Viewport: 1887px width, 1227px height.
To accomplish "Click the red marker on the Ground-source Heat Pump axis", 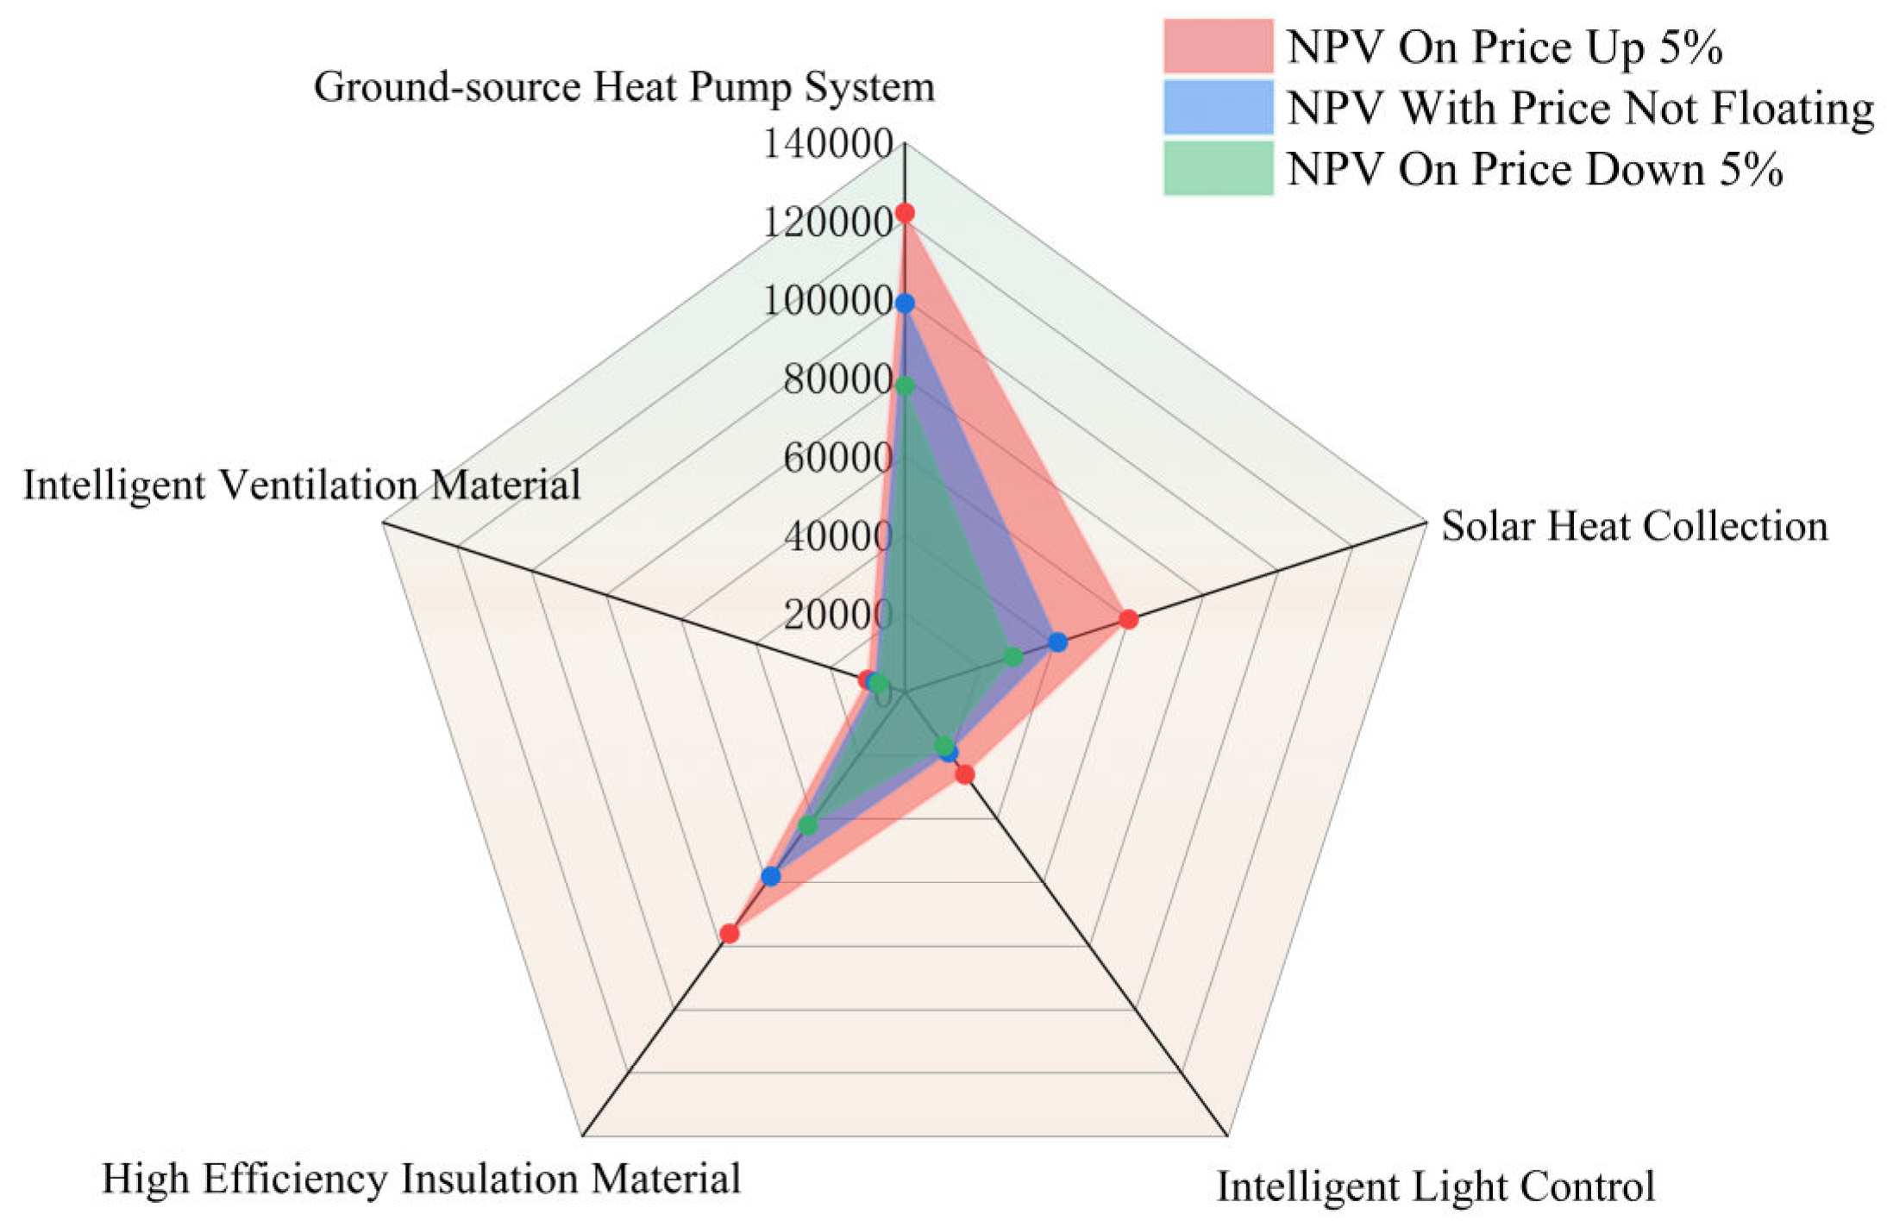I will point(904,212).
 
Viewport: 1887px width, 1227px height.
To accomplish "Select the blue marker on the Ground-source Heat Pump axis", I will point(904,304).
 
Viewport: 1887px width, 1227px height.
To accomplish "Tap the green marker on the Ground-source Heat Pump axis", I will point(904,385).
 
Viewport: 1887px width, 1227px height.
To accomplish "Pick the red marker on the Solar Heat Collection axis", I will point(1128,619).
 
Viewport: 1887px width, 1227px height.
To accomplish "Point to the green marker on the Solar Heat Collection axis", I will point(1013,657).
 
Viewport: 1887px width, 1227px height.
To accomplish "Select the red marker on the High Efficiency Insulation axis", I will point(730,934).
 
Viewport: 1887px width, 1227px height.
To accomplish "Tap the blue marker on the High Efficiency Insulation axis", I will point(771,877).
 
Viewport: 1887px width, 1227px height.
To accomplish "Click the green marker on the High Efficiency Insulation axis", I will point(807,825).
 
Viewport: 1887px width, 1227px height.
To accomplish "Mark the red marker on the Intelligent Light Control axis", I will point(965,774).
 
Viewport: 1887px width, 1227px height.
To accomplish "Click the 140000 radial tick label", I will point(827,144).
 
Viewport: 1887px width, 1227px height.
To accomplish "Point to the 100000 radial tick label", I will point(827,301).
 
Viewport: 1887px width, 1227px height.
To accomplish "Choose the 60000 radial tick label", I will point(837,458).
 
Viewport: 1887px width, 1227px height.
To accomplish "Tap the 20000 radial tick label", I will point(837,615).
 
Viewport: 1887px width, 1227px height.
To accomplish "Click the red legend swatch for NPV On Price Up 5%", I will point(1218,46).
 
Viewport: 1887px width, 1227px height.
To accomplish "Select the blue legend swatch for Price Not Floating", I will point(1218,107).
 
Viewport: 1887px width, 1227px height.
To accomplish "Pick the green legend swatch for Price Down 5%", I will point(1218,168).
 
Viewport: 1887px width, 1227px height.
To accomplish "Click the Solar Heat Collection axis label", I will point(1634,526).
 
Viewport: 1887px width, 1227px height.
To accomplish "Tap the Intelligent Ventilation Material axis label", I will point(302,485).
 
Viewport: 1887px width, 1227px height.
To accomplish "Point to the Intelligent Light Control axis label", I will point(1435,1186).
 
